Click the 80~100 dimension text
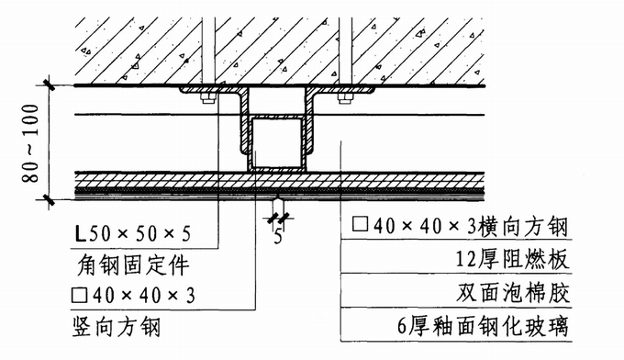[31, 143]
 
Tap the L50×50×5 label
[133, 233]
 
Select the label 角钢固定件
[132, 264]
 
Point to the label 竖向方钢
[117, 327]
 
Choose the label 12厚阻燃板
[512, 260]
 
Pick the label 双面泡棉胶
[513, 294]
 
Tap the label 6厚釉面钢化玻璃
[483, 327]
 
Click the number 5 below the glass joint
[278, 237]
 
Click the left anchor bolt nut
[207, 98]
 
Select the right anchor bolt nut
[345, 98]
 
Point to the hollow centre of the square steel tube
[277, 142]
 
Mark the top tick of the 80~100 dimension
[50, 85]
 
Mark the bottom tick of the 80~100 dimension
[50, 199]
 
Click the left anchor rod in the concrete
[208, 51]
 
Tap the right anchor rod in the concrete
[345, 51]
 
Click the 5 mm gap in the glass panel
[278, 197]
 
